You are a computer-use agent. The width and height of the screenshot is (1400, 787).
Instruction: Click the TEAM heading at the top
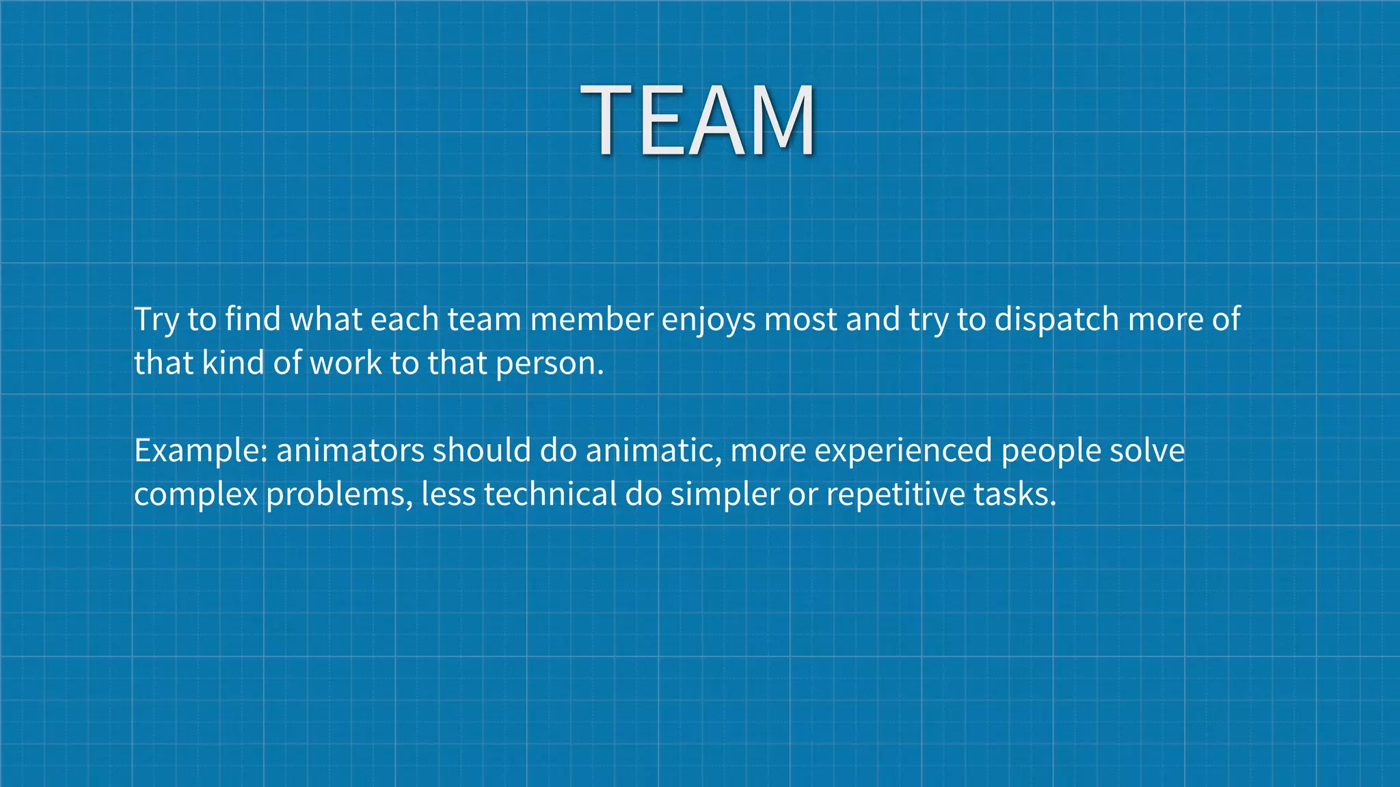click(x=698, y=121)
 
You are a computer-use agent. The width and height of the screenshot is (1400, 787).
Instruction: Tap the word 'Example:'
click(x=200, y=451)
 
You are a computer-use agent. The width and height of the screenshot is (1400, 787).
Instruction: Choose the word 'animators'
click(x=350, y=451)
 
